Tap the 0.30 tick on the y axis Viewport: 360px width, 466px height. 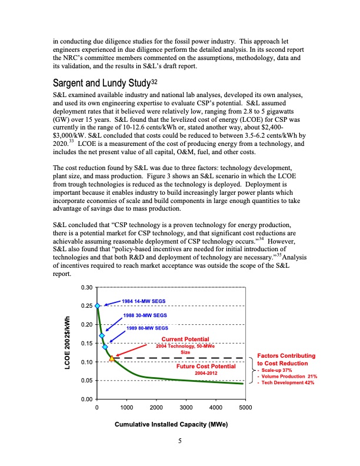tap(85, 287)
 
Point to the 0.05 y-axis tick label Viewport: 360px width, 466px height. tap(85, 381)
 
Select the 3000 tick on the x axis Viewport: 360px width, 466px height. tap(186, 407)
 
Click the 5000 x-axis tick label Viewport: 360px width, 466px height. tap(245, 407)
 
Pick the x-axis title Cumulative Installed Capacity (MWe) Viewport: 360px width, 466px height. tap(171, 424)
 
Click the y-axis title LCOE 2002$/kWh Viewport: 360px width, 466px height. tap(67, 343)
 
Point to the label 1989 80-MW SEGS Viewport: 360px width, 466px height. tap(148, 328)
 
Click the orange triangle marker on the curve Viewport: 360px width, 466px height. tap(112, 358)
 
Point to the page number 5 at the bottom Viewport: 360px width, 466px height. tap(180, 442)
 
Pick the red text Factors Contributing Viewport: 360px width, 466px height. tap(286, 356)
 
